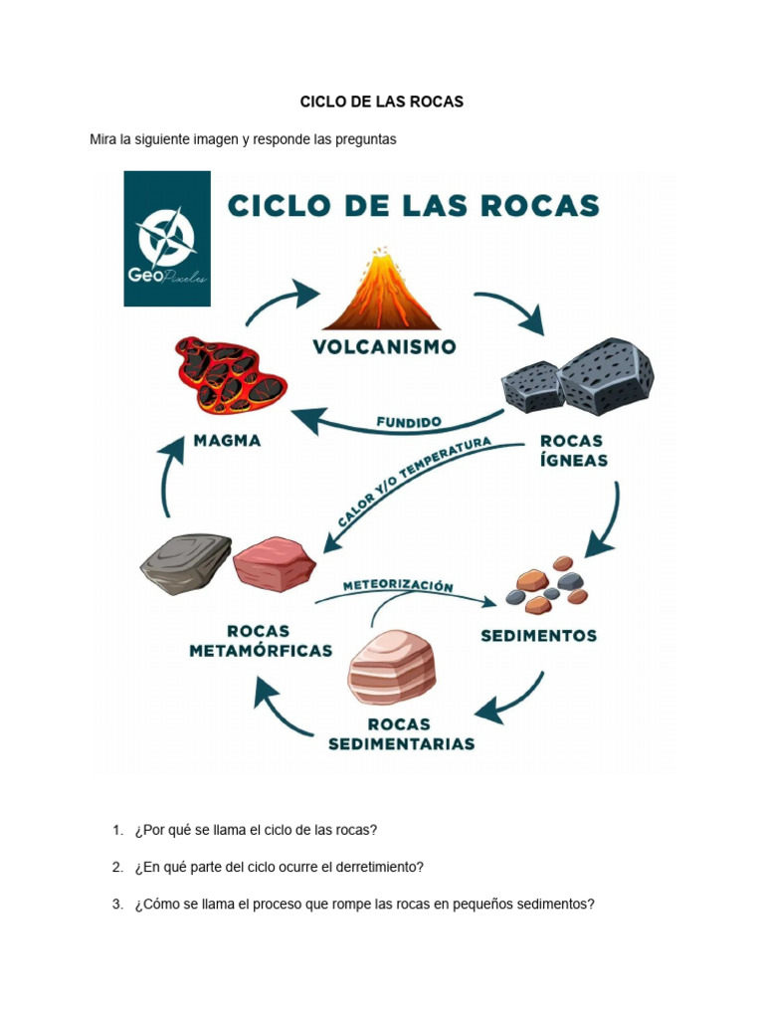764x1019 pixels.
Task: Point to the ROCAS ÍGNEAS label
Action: coord(573,449)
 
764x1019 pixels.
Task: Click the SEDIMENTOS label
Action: coord(538,635)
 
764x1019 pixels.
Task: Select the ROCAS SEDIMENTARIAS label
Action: coord(401,733)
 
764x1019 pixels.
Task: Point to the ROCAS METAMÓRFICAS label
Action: coord(260,640)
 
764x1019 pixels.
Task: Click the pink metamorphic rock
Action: coord(274,562)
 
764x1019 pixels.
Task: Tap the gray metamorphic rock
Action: coord(185,563)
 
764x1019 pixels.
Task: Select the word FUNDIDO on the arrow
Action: coord(409,422)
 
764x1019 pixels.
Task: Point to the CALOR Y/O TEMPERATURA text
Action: coord(414,481)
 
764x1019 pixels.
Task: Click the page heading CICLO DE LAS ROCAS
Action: coord(382,102)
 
